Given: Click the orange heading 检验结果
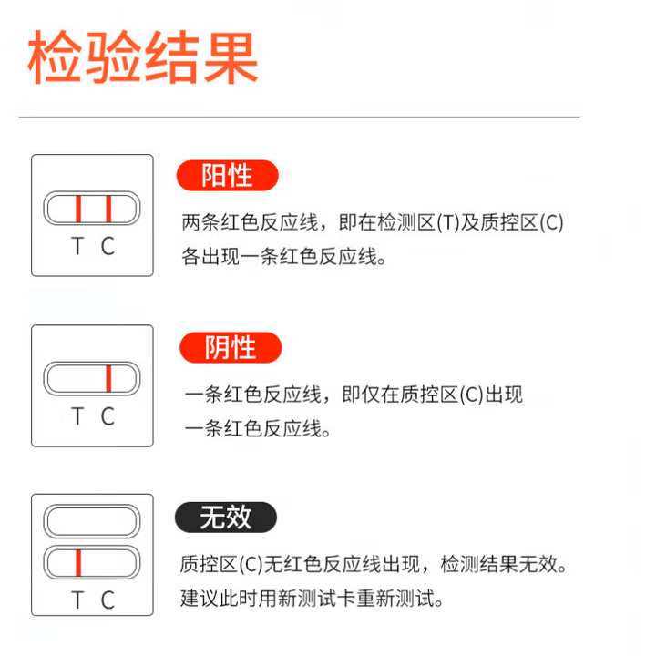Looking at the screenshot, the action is [143, 56].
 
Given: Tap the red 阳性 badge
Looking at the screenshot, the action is [228, 175].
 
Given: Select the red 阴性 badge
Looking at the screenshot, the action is [231, 347].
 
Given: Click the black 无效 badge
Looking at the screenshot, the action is [226, 518].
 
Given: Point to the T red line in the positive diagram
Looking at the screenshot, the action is [78, 209].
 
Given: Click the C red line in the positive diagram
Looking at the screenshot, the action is [108, 209].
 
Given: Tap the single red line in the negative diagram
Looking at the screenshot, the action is [108, 379].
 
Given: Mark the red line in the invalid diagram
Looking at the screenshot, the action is [78, 563].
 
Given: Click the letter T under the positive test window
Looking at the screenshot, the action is [77, 246].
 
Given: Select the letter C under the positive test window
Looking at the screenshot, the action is [108, 246].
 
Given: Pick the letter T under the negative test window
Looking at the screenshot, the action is [77, 416].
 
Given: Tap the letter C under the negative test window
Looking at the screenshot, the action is [108, 416].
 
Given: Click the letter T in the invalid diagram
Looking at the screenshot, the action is [77, 600].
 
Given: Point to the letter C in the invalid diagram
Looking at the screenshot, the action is [108, 600].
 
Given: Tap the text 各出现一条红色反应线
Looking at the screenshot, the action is [279, 256].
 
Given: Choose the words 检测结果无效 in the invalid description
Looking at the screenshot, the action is [499, 564].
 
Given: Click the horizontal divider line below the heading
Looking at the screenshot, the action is [300, 118].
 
